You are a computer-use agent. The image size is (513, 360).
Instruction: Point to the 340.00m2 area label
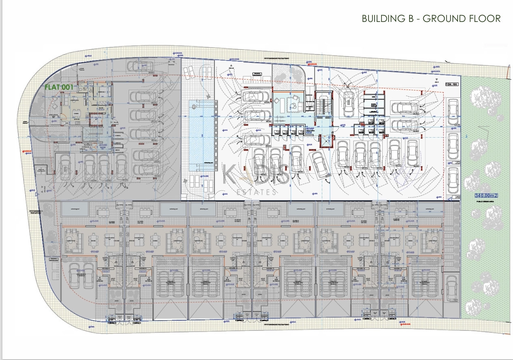tap(486, 196)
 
